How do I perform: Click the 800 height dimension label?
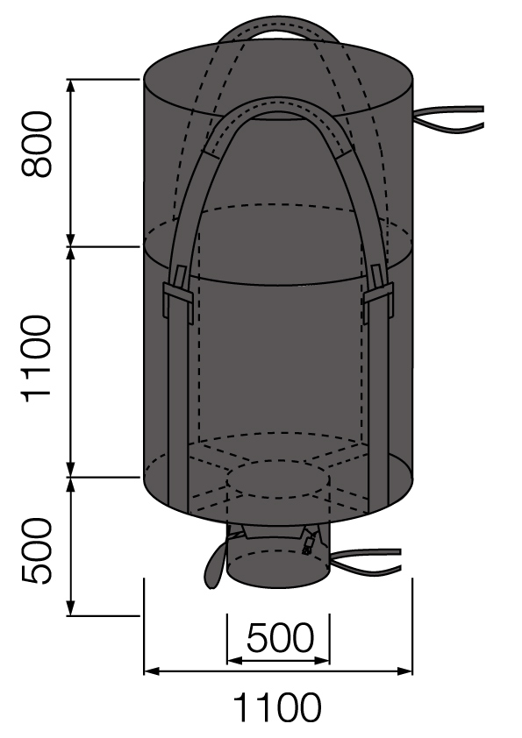click(x=36, y=145)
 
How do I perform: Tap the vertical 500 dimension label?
click(x=36, y=550)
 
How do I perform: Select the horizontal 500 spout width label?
click(x=279, y=639)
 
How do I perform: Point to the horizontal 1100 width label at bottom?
click(x=276, y=707)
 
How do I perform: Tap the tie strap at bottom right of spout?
click(x=368, y=558)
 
